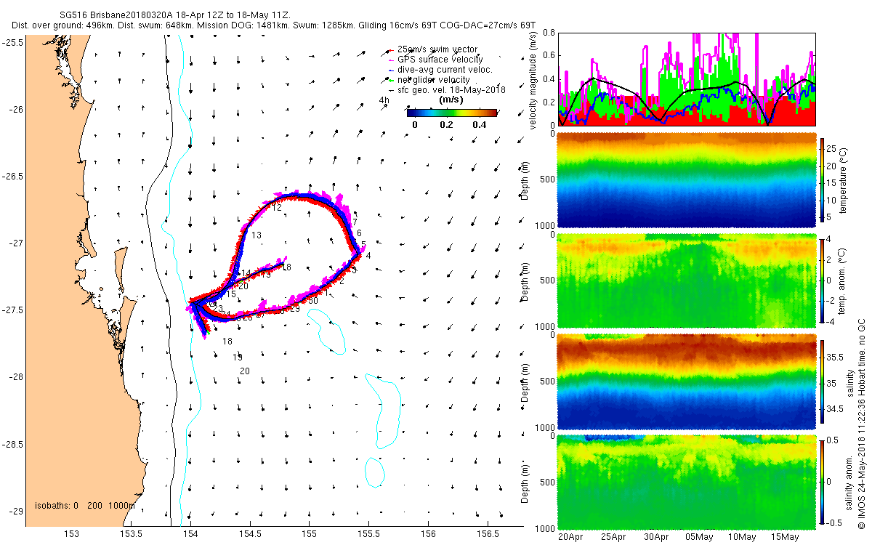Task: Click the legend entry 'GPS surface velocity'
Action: [445, 59]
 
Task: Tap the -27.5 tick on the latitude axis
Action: [12, 310]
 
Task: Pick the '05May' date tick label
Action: [698, 537]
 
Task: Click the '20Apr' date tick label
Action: [571, 537]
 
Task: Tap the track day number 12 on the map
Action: [276, 208]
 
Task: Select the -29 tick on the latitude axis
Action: [12, 512]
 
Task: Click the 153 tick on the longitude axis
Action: [72, 534]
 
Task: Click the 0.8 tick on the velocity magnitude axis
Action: [549, 33]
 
